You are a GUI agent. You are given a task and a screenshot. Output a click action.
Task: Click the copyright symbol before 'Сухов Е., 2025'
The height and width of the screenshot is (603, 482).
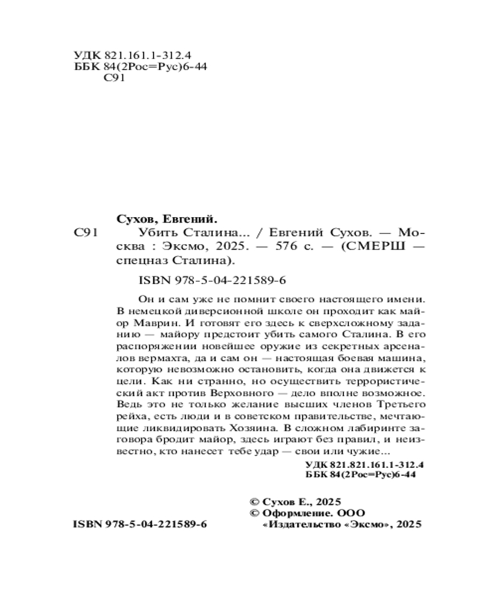(254, 502)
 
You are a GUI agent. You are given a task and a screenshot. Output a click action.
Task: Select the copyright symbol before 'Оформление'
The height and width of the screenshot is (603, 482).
(254, 513)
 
